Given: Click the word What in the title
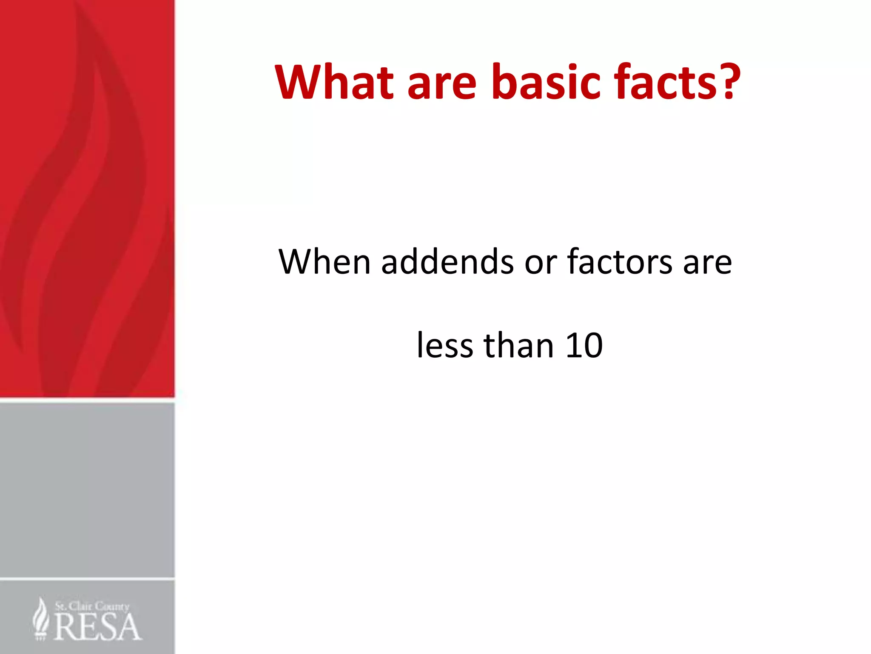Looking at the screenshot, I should click(x=334, y=82).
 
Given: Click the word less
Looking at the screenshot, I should click(x=444, y=345).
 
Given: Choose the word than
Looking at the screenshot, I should click(x=519, y=345).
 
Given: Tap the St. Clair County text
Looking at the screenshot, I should click(x=92, y=606).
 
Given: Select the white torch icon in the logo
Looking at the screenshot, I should click(x=41, y=618).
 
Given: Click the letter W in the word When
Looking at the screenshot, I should click(x=297, y=261).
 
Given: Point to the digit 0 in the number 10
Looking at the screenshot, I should click(x=593, y=345).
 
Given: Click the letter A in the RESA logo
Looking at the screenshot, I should click(x=129, y=627).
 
